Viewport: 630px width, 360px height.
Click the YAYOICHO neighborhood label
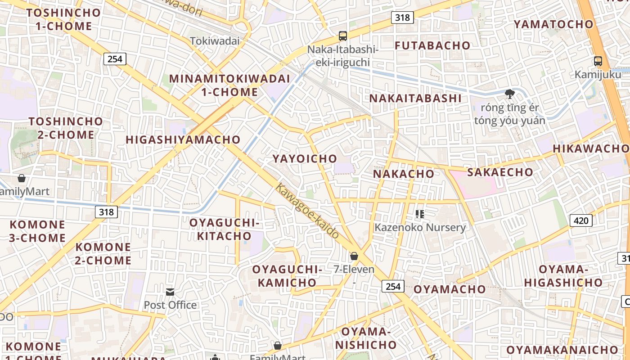click(x=305, y=158)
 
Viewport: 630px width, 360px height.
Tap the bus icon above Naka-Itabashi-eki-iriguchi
click(x=343, y=36)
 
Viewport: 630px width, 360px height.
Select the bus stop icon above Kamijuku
click(x=598, y=61)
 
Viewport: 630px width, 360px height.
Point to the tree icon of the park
click(x=509, y=94)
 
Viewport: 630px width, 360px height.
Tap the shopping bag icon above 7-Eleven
click(x=354, y=256)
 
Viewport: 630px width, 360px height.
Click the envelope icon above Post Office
click(x=170, y=292)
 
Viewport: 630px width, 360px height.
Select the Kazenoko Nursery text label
click(x=420, y=227)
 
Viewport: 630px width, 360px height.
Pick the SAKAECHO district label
click(x=500, y=172)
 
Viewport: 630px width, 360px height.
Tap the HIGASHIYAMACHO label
click(x=183, y=139)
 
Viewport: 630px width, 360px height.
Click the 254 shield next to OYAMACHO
click(x=393, y=286)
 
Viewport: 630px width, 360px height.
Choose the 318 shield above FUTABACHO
click(x=402, y=18)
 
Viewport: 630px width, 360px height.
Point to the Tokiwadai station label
click(x=215, y=41)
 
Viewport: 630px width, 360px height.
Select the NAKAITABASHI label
click(x=415, y=98)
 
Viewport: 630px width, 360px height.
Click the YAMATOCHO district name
click(x=553, y=24)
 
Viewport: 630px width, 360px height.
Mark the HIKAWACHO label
click(x=590, y=148)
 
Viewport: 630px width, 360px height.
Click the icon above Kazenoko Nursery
click(x=420, y=214)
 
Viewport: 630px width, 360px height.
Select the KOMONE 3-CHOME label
click(x=37, y=231)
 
